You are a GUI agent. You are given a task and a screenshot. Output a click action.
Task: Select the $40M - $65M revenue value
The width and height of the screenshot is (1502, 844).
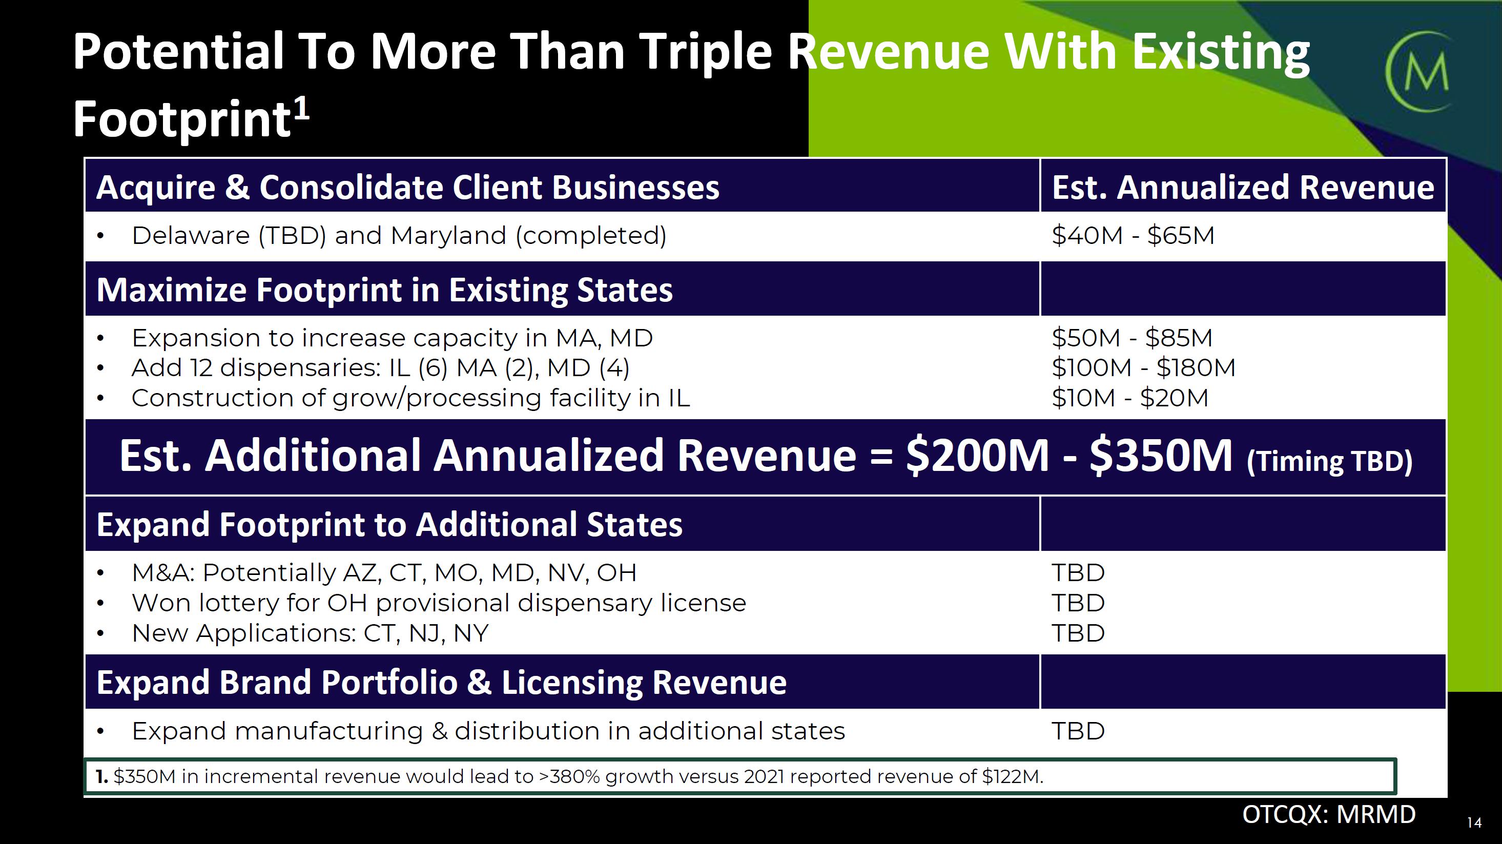point(1133,236)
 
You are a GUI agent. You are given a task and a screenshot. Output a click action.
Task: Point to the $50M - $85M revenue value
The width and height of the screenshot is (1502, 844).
point(1131,338)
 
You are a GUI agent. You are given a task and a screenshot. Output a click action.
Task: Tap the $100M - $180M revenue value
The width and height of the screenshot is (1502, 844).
point(1143,368)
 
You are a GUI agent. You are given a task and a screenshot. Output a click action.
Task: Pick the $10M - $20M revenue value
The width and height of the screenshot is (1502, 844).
point(1130,398)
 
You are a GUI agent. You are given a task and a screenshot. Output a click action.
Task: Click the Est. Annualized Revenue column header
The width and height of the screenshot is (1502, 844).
point(1243,187)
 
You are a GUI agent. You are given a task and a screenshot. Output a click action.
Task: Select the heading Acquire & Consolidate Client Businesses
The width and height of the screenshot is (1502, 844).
point(407,187)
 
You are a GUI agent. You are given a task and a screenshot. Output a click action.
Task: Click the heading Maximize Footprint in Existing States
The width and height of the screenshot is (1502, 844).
point(384,290)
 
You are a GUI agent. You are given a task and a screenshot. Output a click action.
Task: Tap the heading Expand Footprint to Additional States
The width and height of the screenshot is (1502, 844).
point(389,524)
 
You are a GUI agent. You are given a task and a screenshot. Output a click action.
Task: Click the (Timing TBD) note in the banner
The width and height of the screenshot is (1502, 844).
point(1329,462)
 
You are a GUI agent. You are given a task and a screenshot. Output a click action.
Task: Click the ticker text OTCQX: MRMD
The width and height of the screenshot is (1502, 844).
point(1329,814)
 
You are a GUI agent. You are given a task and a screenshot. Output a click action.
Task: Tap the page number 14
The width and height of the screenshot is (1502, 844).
point(1474,822)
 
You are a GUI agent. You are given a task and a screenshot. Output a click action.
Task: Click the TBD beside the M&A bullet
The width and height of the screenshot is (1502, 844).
point(1078,573)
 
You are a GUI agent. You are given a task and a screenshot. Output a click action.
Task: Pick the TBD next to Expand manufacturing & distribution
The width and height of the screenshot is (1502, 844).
point(1078,731)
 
